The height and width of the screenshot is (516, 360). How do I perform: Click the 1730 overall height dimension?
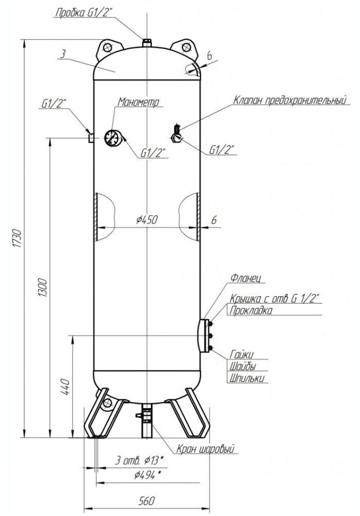[18, 238]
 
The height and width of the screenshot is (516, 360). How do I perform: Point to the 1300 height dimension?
[43, 288]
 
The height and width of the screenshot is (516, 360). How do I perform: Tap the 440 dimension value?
[65, 387]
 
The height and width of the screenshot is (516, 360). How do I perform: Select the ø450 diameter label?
[147, 220]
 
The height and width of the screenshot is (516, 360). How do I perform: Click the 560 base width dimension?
[147, 501]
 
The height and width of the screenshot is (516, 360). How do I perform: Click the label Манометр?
[139, 102]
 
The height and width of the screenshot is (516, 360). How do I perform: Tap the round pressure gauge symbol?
[113, 138]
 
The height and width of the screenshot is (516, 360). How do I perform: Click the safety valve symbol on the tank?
[177, 133]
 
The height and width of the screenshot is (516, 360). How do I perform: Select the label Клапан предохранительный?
[290, 100]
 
